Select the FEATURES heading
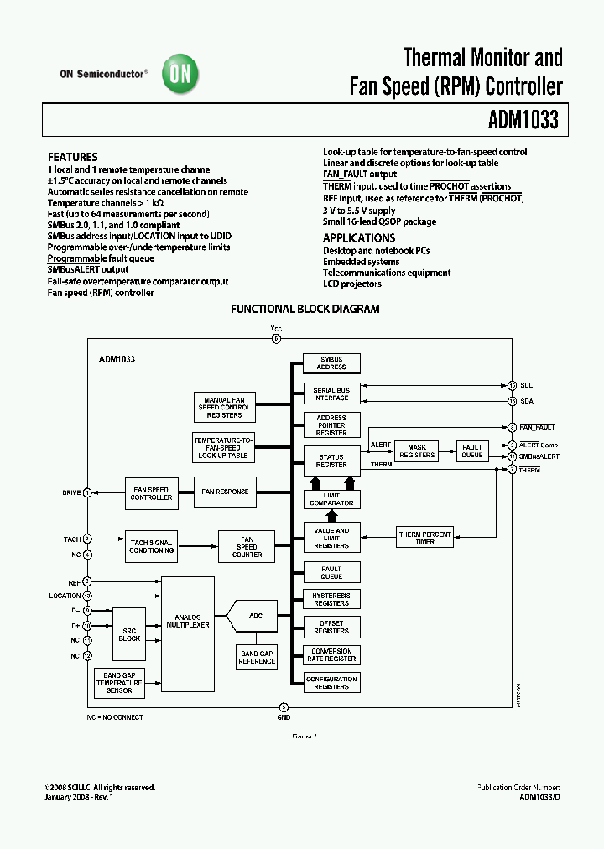coord(72,157)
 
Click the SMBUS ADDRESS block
coord(331,362)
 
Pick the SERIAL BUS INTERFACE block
coord(331,393)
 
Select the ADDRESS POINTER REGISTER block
coord(331,425)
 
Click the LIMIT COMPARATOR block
coord(331,499)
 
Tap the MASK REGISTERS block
coord(417,451)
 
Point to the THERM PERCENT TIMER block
coord(424,538)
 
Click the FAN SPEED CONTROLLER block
coord(151,492)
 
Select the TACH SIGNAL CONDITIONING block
coord(151,546)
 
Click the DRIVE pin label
coord(71,492)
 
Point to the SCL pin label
coord(526,386)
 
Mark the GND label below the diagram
coord(284,717)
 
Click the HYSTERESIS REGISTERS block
coord(331,599)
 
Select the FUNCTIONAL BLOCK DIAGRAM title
coord(305,309)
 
